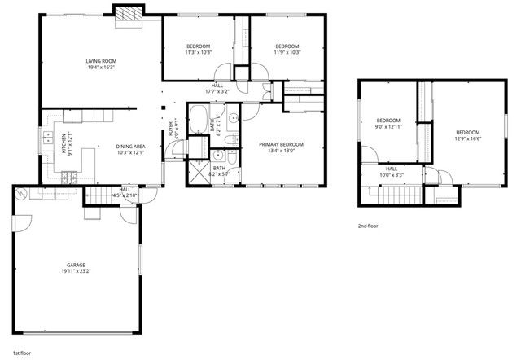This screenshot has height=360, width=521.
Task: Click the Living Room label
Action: (x=103, y=61)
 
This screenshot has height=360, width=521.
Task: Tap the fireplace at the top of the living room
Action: (x=127, y=15)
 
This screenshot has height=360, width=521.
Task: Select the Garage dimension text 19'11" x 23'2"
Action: (x=77, y=272)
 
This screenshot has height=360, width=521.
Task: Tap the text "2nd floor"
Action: (x=368, y=226)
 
